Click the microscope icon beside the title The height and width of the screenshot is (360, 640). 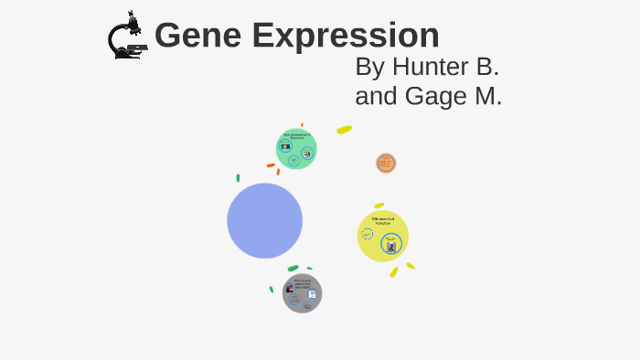(x=126, y=37)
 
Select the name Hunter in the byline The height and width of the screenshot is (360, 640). (x=430, y=67)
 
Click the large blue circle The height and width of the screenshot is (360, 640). (x=264, y=220)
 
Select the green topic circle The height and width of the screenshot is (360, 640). (x=296, y=149)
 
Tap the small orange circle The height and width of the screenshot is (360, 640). (x=386, y=163)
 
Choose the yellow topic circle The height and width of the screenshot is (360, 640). (x=382, y=236)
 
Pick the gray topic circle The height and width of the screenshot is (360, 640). (x=302, y=293)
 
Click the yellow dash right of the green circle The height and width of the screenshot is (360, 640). (x=344, y=130)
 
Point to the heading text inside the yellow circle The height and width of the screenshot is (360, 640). (x=384, y=220)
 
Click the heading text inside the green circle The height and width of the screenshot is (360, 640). (x=296, y=136)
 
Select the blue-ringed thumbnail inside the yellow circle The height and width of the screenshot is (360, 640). (x=391, y=246)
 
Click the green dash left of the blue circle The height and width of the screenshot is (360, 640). (x=238, y=178)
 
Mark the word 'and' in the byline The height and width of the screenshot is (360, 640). (x=374, y=96)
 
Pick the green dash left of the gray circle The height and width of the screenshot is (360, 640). (x=272, y=290)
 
